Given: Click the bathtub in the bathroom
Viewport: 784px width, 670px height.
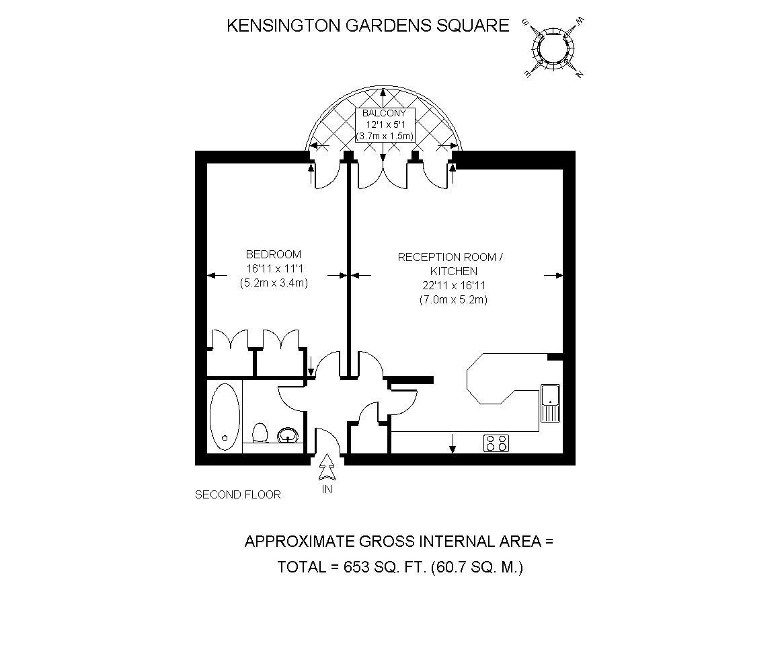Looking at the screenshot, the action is pos(225,416).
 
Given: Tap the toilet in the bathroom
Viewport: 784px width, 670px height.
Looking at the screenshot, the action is pos(260,433).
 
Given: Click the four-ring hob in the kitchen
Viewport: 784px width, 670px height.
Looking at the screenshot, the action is pos(496,443).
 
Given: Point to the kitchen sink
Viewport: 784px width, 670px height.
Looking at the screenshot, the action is pos(550,404).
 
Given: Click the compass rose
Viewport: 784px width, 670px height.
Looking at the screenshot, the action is pos(553,48).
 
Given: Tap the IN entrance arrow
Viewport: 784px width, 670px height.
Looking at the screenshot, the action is pos(327,468).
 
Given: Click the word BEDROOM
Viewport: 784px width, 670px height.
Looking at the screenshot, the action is pos(274,254).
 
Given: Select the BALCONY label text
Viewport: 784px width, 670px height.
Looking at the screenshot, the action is pos(384,113).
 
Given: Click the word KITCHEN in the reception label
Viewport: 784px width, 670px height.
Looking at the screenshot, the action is pos(454,271).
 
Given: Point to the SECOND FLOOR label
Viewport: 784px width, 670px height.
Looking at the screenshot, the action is pos(238,495).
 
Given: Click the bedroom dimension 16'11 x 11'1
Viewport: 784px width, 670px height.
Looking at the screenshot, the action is pos(274,268).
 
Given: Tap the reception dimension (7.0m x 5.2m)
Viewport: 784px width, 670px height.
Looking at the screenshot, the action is pos(453,300).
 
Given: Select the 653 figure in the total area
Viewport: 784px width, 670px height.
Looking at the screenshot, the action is pos(356,567).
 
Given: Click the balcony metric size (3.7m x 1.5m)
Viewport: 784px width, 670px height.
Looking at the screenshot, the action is pos(385,136).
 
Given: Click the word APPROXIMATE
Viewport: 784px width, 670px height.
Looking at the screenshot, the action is pos(300,542).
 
